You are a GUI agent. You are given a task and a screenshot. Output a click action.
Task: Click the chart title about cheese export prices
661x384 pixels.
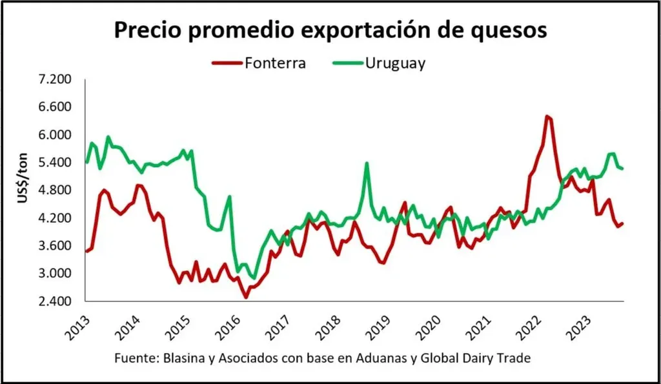point(330,30)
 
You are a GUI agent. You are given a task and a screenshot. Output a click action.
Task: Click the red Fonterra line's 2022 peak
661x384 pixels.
point(547,116)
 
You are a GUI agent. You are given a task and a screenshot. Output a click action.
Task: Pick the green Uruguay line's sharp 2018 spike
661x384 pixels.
point(367,163)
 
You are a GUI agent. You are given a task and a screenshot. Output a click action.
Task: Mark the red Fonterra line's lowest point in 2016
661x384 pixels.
point(245,297)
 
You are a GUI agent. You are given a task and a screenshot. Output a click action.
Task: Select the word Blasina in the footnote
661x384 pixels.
point(179,358)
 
